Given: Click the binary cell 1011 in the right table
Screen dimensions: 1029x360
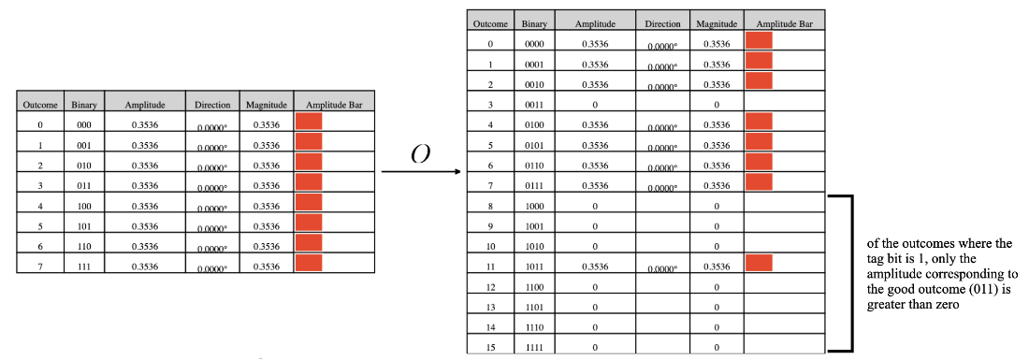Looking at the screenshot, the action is pos(534,266).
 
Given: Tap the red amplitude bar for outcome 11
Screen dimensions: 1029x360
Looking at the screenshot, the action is pos(759,263).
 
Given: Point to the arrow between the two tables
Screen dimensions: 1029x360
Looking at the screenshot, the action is pos(420,173).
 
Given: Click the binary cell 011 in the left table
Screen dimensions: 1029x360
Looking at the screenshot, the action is pos(84,185).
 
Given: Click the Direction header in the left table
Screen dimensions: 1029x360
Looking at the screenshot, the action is pos(212,105).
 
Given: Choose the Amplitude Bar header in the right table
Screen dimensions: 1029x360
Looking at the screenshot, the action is pos(784,24).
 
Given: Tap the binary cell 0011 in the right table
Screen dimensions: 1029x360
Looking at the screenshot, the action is pos(534,105).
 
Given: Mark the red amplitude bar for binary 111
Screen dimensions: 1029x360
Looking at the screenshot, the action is pos(309,263).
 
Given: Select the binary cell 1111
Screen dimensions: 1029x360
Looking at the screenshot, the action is pos(534,347).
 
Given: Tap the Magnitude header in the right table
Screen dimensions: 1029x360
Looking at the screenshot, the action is pos(716,24).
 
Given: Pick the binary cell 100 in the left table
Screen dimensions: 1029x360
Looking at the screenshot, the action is pos(84,206).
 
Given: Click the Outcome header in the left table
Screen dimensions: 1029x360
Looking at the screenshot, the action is pos(40,105).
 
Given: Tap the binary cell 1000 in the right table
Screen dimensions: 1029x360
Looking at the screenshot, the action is pos(534,207).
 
